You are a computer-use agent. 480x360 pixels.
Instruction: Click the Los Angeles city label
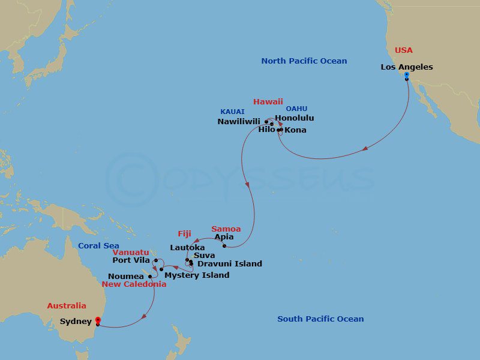click(406, 67)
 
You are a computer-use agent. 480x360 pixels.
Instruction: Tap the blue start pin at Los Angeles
click(406, 76)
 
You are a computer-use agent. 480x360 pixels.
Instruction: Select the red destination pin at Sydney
click(98, 320)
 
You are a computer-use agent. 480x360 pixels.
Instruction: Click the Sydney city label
click(76, 322)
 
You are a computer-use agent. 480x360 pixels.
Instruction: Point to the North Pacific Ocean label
click(304, 61)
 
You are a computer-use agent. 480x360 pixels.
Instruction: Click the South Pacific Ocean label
click(320, 319)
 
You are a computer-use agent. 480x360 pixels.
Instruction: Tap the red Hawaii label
click(268, 102)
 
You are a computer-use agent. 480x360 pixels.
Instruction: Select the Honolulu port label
click(294, 118)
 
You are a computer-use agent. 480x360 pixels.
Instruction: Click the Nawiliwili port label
click(239, 121)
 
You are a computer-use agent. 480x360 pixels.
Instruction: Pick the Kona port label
click(295, 130)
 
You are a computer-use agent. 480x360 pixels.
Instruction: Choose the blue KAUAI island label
click(232, 112)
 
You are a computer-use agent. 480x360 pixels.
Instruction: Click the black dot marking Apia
click(224, 245)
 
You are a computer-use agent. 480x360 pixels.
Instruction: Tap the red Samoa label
click(226, 229)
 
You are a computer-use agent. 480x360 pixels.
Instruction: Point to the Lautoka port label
click(187, 247)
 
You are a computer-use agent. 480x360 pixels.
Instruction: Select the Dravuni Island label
click(229, 263)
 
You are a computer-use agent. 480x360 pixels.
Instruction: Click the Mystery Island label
click(197, 275)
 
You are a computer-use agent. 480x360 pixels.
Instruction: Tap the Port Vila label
click(131, 260)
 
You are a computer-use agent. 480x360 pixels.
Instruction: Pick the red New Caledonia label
click(134, 284)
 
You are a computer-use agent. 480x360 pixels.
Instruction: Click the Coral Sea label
click(98, 246)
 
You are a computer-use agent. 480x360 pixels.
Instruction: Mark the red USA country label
click(404, 50)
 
